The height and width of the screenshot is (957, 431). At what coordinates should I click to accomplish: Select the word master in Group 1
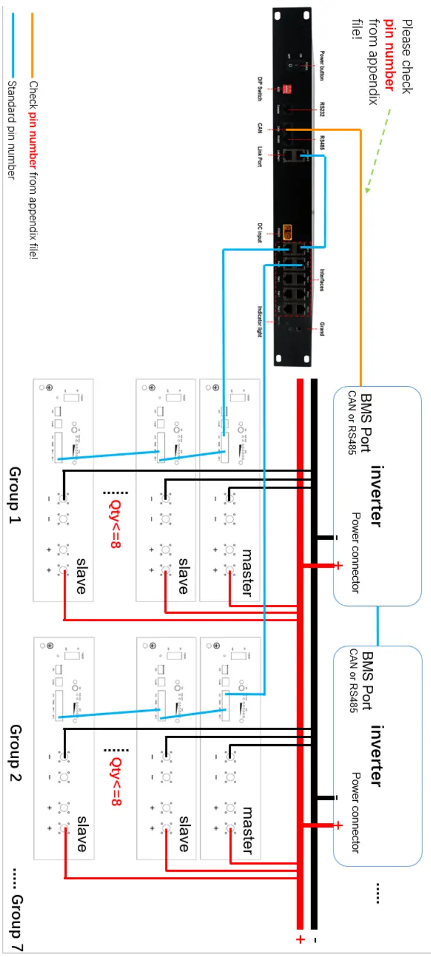click(247, 572)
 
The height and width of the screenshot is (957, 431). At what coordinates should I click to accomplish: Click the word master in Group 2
click(248, 831)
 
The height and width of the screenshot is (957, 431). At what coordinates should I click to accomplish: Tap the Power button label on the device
click(322, 66)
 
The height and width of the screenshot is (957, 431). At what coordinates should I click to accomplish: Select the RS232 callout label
click(322, 109)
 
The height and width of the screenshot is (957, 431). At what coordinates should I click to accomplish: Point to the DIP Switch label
click(260, 89)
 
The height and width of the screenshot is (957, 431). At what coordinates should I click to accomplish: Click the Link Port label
click(260, 156)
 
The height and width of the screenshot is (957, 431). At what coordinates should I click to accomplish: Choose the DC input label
click(260, 232)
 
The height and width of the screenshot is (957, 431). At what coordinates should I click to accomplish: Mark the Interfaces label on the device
click(322, 280)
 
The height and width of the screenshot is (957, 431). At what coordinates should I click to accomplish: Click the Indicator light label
click(260, 321)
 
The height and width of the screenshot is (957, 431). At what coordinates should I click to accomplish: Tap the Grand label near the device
click(322, 328)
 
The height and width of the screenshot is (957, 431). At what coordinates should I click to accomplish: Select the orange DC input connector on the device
click(288, 230)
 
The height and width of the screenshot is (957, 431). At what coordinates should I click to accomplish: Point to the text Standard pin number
click(11, 129)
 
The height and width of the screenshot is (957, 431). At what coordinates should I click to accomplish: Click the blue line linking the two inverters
click(377, 625)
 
